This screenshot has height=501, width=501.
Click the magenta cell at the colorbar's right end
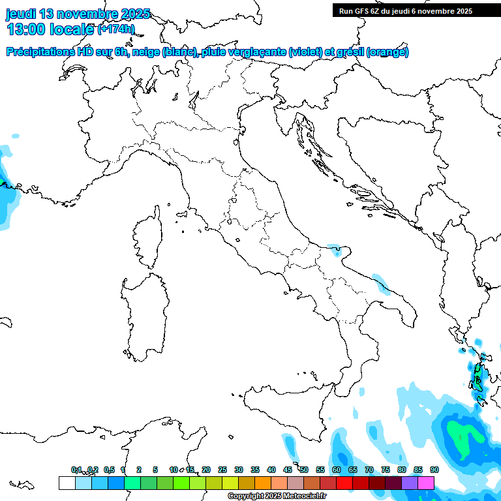coord(426,483)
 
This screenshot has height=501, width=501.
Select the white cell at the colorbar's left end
coord(67,483)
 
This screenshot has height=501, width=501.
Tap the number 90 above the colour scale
coord(434,470)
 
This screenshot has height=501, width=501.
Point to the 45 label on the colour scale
coord(288,470)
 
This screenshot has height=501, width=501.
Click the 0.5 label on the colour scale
coord(109,470)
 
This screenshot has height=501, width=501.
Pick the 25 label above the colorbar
coord(222,470)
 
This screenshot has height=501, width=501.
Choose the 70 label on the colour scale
coord(369,470)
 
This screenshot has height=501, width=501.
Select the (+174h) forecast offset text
coord(116,29)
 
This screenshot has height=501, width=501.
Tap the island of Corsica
coord(148,238)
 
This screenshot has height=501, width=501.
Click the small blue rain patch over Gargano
coord(334,249)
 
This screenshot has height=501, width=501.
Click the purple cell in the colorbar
coord(410,483)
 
